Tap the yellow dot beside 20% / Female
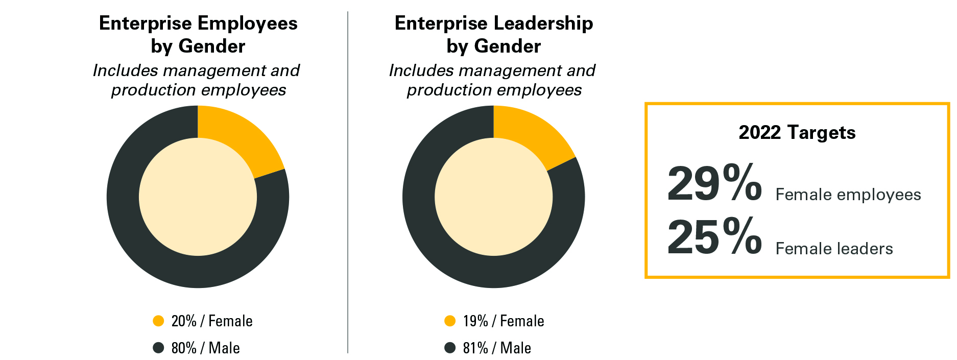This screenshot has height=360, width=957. [x=158, y=321]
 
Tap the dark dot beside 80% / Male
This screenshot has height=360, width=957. [x=158, y=348]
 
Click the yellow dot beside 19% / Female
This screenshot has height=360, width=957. [x=450, y=321]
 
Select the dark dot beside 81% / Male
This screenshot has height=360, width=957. [x=450, y=348]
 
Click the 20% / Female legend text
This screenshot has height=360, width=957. [x=212, y=321]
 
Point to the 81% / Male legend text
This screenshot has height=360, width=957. [x=497, y=348]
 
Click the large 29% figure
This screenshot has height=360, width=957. [x=714, y=183]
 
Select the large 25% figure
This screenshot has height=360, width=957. [x=714, y=236]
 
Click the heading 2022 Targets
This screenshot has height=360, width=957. [x=797, y=133]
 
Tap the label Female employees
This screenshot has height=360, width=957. [x=848, y=195]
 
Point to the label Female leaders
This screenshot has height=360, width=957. [x=834, y=249]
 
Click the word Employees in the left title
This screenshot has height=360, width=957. [x=247, y=23]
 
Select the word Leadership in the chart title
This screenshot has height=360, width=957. [x=543, y=23]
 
